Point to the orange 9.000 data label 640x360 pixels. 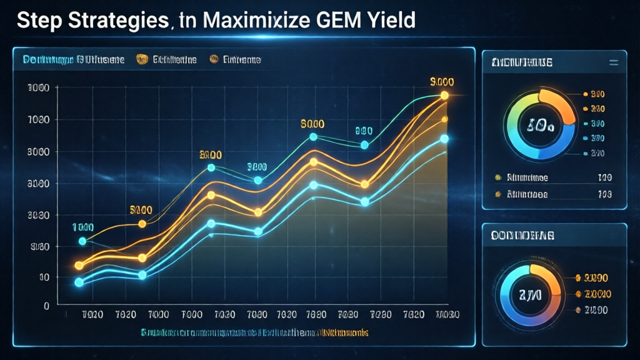pos(442,82)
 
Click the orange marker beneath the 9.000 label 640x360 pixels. pos(444,96)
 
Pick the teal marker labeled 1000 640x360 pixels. pos(82,241)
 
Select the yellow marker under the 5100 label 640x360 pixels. pos(142,224)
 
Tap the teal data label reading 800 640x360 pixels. pos(364,131)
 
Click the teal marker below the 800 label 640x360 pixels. pos(365,145)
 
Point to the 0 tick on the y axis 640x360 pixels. pos(46,306)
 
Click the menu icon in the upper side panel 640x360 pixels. pos(613,62)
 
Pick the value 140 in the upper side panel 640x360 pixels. pos(604,177)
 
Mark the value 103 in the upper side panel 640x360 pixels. pos(604,194)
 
